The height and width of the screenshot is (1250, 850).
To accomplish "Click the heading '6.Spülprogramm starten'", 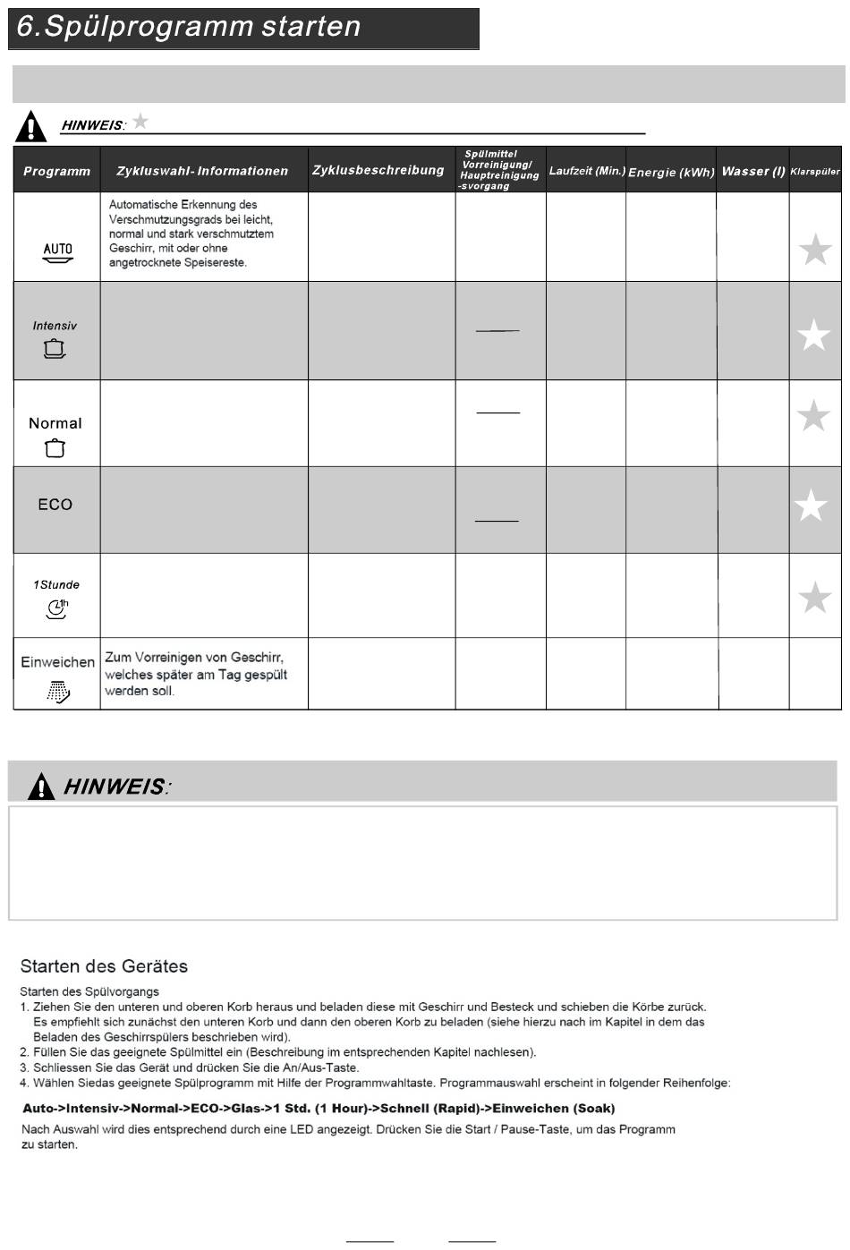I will tap(189, 27).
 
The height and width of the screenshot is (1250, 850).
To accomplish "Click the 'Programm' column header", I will tap(56, 171).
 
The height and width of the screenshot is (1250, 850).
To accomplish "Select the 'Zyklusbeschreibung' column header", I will tap(378, 170).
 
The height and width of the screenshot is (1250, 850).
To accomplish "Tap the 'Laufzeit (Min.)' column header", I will tap(586, 170).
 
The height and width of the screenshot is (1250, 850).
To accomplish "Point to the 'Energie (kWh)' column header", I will tap(671, 172).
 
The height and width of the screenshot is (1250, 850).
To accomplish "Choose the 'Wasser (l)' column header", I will tap(752, 171).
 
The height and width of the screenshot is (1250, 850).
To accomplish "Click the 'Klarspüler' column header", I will tap(814, 171).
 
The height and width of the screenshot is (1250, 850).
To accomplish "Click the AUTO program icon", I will tap(58, 253).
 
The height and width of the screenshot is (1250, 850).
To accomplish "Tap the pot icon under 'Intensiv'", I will tap(55, 349).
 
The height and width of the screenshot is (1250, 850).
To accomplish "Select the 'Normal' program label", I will tap(55, 423).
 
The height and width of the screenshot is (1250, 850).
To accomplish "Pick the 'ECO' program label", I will tap(55, 505).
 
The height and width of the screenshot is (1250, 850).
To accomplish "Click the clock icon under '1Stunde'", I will tap(56, 609).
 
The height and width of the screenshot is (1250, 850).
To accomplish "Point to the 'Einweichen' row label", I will tap(57, 662).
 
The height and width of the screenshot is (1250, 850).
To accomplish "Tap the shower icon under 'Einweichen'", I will tap(57, 691).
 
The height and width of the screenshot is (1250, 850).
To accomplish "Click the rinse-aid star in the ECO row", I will tap(812, 506).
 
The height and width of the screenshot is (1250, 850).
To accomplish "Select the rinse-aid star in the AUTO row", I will tap(814, 250).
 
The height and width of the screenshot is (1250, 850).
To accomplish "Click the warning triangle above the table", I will tap(31, 126).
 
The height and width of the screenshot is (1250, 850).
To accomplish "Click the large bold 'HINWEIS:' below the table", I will tap(115, 787).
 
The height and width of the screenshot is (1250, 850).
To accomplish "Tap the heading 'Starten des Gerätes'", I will tap(104, 966).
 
